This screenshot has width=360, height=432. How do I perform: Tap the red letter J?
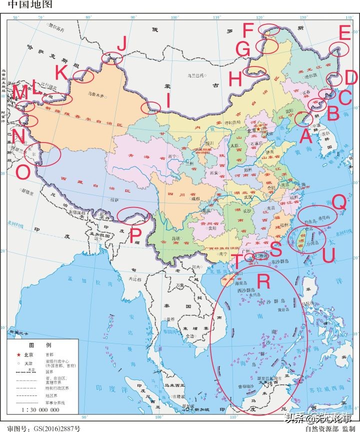(x=121, y=45)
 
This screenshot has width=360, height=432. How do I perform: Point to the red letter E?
(x=344, y=33)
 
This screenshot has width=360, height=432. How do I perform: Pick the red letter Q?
(x=339, y=202)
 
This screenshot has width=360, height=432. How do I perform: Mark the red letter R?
(x=263, y=282)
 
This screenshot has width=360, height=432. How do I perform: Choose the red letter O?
(x=22, y=171)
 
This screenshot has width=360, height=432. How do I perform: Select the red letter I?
(x=168, y=102)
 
